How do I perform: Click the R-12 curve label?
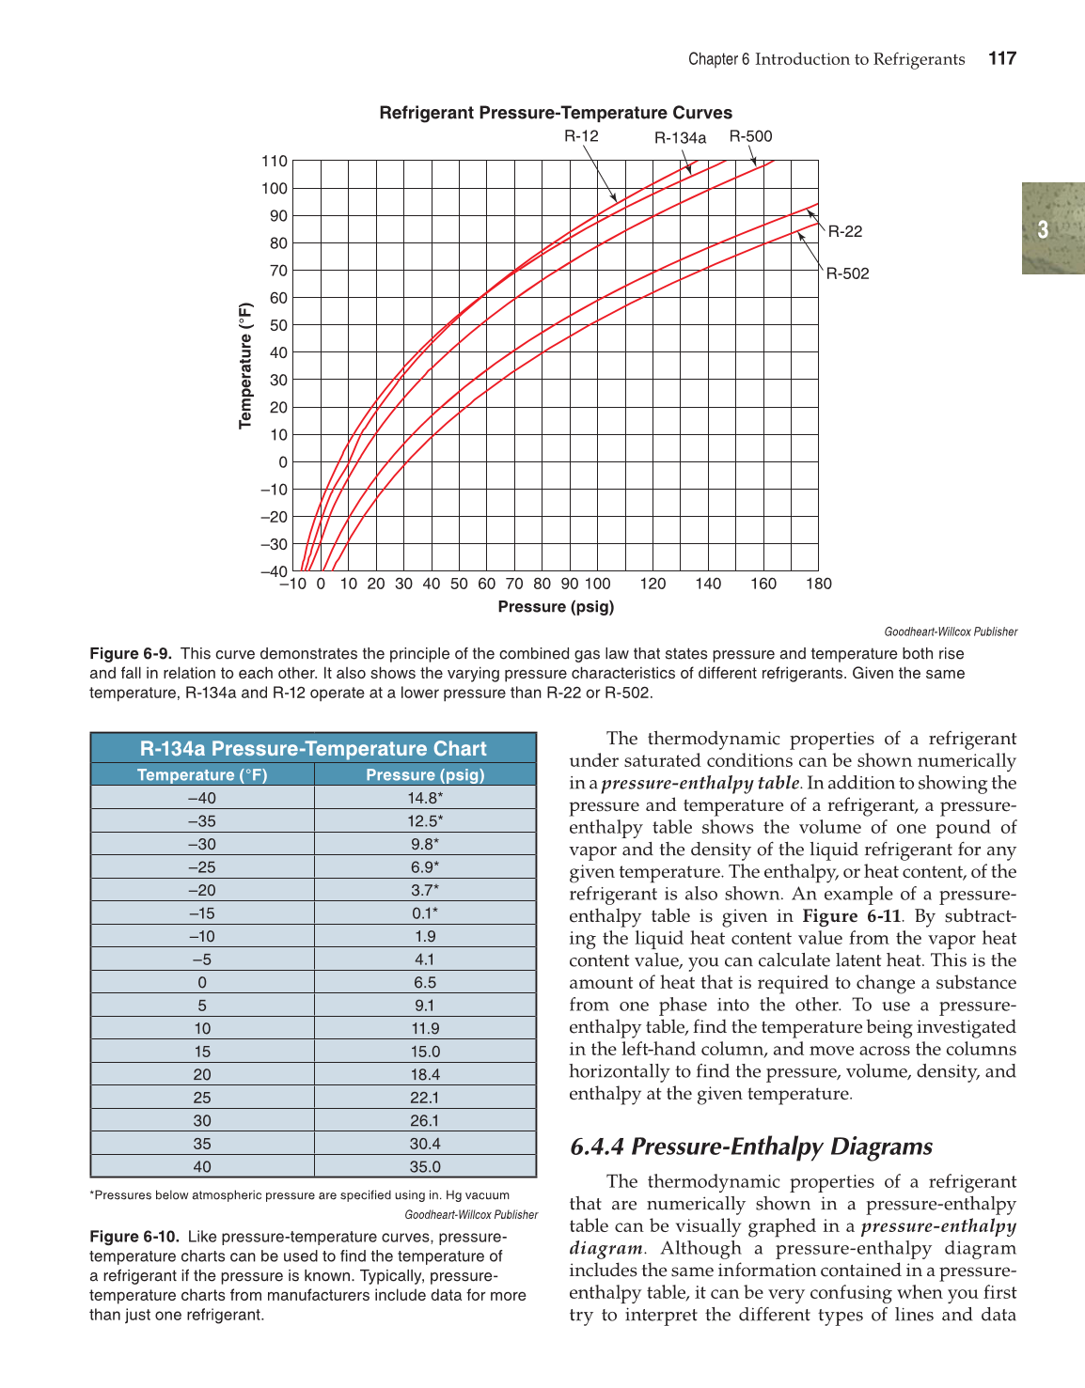click(581, 136)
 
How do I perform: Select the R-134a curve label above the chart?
click(680, 138)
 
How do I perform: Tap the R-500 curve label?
click(750, 136)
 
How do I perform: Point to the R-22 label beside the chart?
click(845, 231)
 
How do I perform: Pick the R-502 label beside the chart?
click(847, 273)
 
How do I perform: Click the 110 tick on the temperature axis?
click(275, 162)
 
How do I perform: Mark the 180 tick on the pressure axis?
click(818, 584)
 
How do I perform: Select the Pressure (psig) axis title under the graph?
click(556, 607)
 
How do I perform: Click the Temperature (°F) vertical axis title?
click(246, 366)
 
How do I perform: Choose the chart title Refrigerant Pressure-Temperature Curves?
click(556, 113)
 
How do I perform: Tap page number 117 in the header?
click(1002, 58)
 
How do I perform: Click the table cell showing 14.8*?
click(425, 798)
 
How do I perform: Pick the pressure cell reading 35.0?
click(425, 1166)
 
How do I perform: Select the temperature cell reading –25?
click(202, 867)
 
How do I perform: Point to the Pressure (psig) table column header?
click(425, 774)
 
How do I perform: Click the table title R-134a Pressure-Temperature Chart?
click(313, 749)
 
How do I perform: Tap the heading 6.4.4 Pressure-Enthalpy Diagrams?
click(751, 1146)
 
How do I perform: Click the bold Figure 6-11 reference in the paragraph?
click(852, 916)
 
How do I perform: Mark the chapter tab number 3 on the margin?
click(1043, 229)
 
